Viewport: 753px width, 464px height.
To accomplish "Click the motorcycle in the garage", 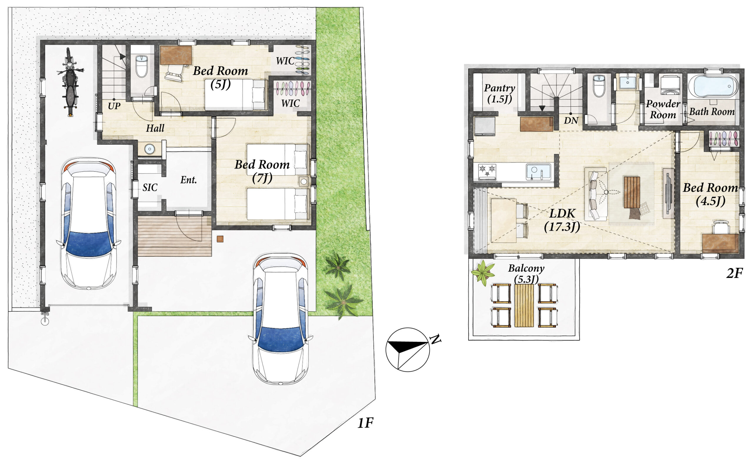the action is tap(70, 82).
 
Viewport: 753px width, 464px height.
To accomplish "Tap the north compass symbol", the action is tap(408, 350).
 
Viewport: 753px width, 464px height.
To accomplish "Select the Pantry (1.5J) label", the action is tap(499, 93).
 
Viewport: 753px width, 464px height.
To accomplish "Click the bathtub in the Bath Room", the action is tap(713, 86).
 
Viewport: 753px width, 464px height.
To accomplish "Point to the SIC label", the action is tap(150, 187).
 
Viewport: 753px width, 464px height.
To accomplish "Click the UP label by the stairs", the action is tap(114, 106).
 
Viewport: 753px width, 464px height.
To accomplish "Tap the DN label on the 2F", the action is tap(571, 120).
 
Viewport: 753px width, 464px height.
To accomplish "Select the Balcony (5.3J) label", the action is tap(526, 273).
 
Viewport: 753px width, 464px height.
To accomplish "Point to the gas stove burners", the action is tap(487, 172).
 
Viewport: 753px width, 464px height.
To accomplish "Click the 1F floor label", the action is tap(365, 423).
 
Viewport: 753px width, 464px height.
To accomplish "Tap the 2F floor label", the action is tap(734, 273).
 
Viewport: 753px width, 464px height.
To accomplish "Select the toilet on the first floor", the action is tap(141, 66).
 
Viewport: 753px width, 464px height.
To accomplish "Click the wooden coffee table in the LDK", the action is tap(632, 192).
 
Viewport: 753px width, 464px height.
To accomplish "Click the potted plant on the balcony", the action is tap(483, 273).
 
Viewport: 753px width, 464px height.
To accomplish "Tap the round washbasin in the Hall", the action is tap(149, 149).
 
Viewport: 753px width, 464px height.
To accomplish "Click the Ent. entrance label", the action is tap(189, 180).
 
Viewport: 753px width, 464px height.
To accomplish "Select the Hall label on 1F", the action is tap(155, 128).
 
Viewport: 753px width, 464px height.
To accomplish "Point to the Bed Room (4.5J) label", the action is tap(710, 194).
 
